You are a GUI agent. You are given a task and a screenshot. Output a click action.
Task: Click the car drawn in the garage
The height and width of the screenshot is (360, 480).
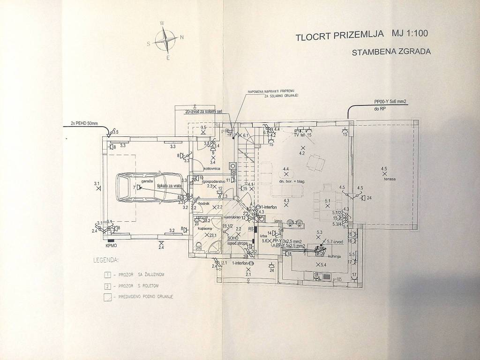pyautogui.click(x=149, y=187)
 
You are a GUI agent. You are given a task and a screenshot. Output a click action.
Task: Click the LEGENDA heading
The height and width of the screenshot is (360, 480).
pyautogui.click(x=106, y=259)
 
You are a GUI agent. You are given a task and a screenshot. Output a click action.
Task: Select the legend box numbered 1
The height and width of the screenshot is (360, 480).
pyautogui.click(x=108, y=274)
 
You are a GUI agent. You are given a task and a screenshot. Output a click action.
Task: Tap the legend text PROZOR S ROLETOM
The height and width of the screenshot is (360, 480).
pyautogui.click(x=141, y=286)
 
